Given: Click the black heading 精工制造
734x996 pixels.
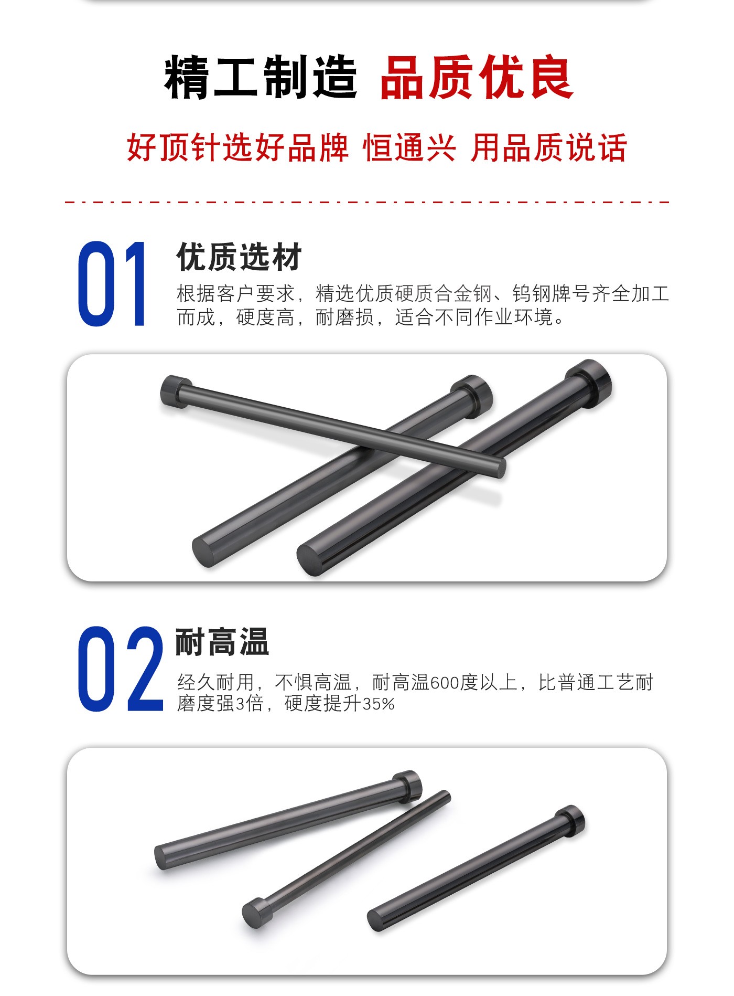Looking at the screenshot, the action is [261, 78].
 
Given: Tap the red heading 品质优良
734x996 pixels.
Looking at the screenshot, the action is [477, 78].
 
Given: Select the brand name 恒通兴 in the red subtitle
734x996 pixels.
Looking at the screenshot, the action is [409, 147].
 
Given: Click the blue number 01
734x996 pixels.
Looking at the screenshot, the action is [112, 284].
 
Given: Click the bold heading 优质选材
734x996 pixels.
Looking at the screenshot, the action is [239, 257].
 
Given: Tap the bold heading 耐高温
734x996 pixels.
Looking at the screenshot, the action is [222, 642].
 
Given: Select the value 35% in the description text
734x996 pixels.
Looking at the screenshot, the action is [379, 704].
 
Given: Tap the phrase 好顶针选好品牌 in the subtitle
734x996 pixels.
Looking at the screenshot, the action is [238, 147].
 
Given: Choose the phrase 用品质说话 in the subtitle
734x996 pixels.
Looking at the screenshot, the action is [548, 147].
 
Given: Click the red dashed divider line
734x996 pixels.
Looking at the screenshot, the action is [367, 202].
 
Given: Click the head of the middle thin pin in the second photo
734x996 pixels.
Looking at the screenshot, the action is [256, 913].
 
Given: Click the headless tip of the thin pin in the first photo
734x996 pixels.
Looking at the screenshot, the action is [500, 468].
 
